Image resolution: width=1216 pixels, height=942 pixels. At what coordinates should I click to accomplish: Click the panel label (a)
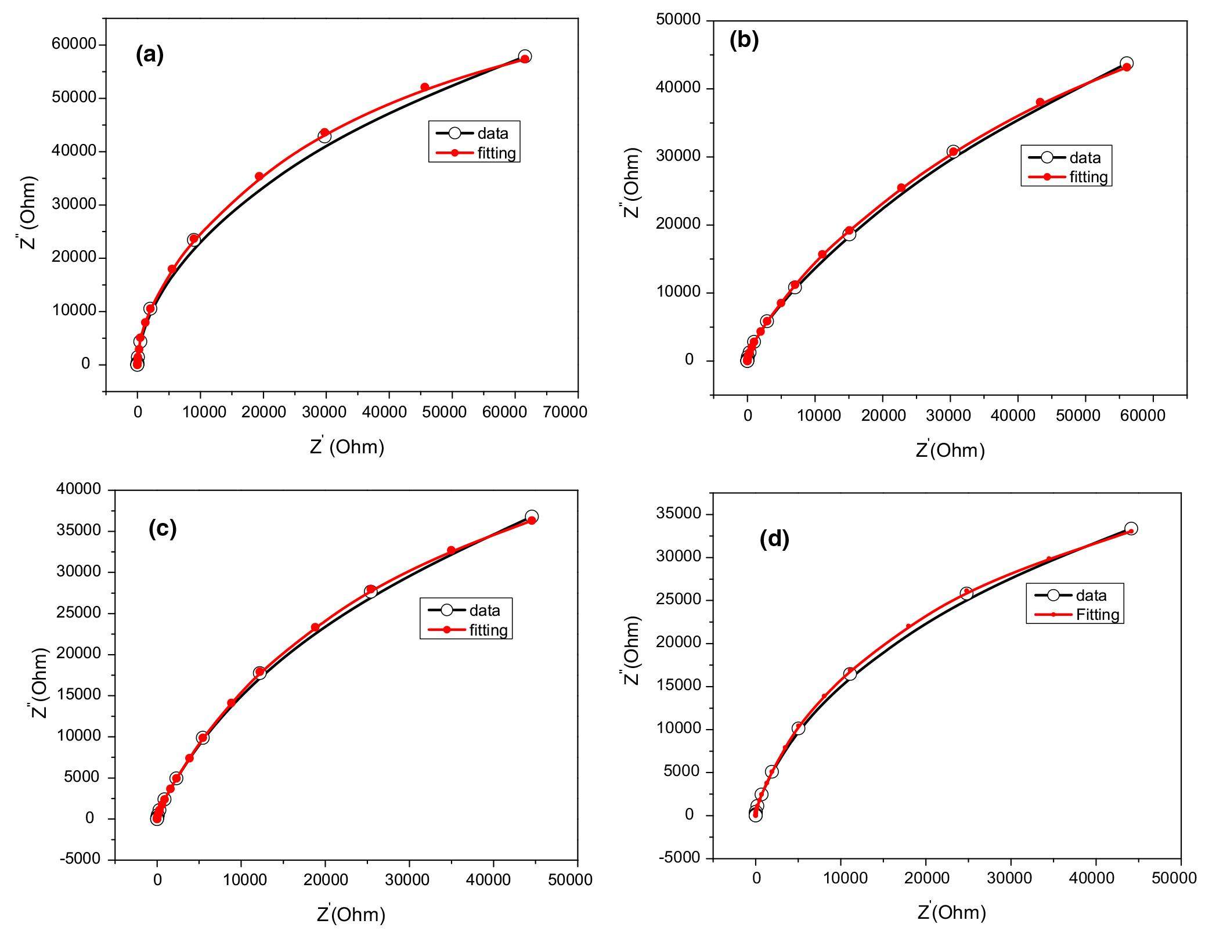150,55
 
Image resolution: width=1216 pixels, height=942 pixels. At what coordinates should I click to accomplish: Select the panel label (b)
744,40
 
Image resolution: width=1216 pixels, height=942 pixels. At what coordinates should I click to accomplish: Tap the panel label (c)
163,528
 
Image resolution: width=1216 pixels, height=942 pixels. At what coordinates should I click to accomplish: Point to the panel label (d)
774,539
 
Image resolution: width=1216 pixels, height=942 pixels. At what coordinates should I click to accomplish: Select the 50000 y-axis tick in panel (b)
679,20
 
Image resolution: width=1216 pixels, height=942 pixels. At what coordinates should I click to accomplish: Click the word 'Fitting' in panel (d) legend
1098,614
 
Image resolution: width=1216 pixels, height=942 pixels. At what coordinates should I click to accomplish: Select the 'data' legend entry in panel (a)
492,133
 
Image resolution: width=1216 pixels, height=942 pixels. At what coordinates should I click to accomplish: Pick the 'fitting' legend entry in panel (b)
1088,177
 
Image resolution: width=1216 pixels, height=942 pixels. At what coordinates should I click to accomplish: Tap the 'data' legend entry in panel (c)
484,610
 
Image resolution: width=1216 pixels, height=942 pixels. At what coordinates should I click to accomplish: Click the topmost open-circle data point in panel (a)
525,56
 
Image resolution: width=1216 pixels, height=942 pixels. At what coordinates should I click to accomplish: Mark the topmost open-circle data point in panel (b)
1127,63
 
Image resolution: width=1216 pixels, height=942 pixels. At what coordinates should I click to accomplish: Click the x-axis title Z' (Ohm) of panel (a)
347,446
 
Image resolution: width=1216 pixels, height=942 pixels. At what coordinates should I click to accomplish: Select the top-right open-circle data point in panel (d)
1131,529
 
